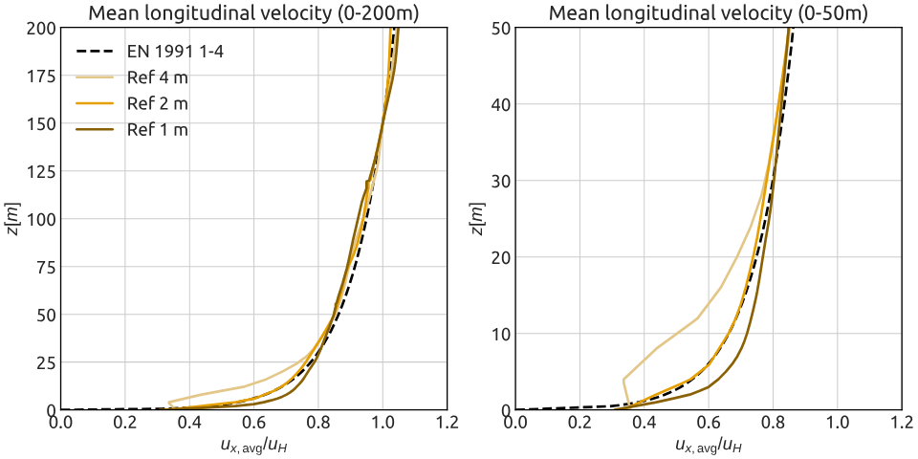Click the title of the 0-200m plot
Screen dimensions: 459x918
[253, 12]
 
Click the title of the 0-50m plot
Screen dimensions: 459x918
[708, 12]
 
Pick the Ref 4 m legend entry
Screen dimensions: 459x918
[157, 76]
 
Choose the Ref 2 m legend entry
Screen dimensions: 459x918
[157, 102]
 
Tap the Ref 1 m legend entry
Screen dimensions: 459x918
[157, 129]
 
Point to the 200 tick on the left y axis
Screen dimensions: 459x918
[41, 28]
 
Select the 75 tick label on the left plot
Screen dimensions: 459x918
[45, 267]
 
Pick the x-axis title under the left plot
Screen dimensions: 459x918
[253, 446]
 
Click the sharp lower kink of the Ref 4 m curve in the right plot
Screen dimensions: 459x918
[623, 380]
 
